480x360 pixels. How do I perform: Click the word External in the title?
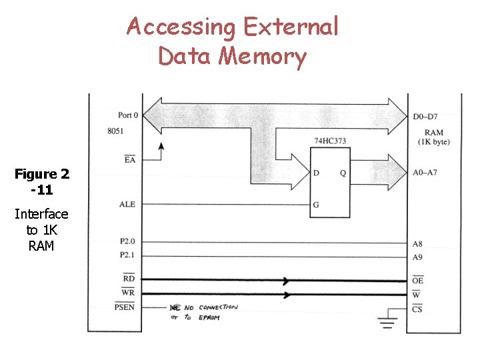click(291, 27)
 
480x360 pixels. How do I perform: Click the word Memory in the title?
click(263, 56)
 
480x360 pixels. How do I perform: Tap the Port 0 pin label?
click(127, 115)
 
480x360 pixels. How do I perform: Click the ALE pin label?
click(127, 204)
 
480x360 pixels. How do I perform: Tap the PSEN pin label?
click(124, 307)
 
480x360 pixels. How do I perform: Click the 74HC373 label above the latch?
click(330, 141)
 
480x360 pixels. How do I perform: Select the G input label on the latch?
click(316, 205)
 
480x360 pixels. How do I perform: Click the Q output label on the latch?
click(343, 173)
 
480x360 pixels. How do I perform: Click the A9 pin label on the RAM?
click(417, 257)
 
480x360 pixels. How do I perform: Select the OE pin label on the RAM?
click(417, 281)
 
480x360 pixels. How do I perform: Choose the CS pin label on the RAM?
click(417, 309)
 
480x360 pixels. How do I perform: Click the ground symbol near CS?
click(387, 325)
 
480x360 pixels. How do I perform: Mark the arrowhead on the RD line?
click(287, 280)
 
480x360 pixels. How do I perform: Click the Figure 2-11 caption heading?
click(42, 181)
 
